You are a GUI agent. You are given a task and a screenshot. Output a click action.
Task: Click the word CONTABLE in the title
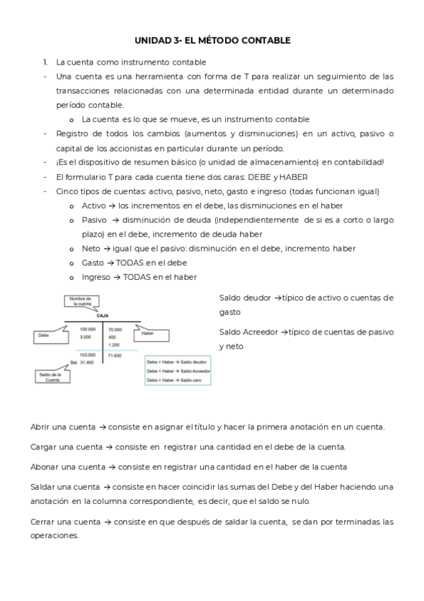pos(267,41)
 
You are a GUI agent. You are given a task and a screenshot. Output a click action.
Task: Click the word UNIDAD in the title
pos(151,41)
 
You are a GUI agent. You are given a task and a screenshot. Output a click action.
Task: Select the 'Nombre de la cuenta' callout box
pos(80,302)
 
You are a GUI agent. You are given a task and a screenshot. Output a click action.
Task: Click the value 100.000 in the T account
pos(88,330)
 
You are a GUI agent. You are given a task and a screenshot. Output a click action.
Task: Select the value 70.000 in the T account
pos(115,330)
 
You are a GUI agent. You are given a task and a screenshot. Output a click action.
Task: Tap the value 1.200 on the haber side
pos(113,344)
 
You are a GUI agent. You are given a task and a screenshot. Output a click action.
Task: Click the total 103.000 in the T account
pos(88,354)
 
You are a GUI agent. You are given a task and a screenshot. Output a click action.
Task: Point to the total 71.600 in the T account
pos(115,354)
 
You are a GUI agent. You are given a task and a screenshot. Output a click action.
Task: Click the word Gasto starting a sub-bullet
pos(93,262)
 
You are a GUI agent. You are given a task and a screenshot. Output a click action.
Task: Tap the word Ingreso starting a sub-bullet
pos(96,276)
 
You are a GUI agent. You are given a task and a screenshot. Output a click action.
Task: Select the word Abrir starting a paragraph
pos(42,427)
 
